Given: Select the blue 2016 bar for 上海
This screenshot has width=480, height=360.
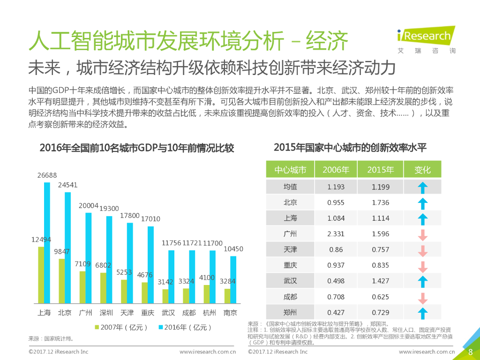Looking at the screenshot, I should (47, 243).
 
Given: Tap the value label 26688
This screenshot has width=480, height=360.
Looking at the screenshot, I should (47, 175).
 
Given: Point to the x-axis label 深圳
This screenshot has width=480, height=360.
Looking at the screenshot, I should (105, 313).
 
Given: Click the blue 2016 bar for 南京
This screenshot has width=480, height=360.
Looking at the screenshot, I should (233, 279).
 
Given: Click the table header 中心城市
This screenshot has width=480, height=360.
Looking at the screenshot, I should (290, 170).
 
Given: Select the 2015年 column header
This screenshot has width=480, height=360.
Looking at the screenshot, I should (380, 170).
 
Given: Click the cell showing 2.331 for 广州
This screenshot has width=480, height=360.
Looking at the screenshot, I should (336, 234).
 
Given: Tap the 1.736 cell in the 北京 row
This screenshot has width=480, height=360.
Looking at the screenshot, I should (380, 202).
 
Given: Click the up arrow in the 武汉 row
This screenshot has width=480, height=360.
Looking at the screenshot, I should (422, 281).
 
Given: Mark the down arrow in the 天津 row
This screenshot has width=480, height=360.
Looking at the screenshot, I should (422, 250).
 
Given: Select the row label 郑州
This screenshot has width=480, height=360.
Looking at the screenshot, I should (290, 312).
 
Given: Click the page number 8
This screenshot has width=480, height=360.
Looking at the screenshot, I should (470, 352).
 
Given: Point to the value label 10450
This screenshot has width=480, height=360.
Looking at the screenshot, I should (233, 249).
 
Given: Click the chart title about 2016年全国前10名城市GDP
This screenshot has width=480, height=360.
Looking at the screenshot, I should (137, 149).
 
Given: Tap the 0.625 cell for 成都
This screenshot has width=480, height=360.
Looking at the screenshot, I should (380, 297).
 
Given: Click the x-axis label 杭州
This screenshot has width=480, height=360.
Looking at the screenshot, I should (209, 313).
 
